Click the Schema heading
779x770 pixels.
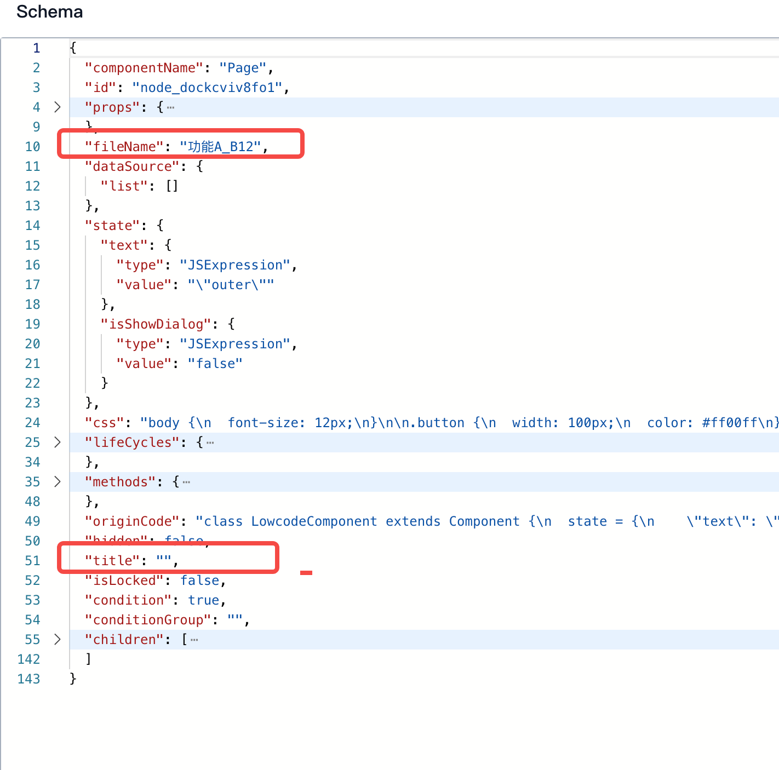pos(49,12)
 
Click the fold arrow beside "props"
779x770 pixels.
pos(58,107)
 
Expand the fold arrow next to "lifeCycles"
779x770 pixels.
pos(58,442)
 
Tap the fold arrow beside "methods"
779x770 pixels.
pos(58,481)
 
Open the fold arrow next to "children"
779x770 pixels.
pos(58,639)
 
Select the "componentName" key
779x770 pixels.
pos(144,68)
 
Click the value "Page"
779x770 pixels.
pos(243,68)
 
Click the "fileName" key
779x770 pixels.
pos(124,147)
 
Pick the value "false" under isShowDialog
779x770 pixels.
pos(215,364)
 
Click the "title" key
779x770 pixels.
pos(112,561)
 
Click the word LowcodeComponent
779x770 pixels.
pos(314,521)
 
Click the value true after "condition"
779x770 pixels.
pos(203,600)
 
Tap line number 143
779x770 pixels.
pos(29,679)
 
